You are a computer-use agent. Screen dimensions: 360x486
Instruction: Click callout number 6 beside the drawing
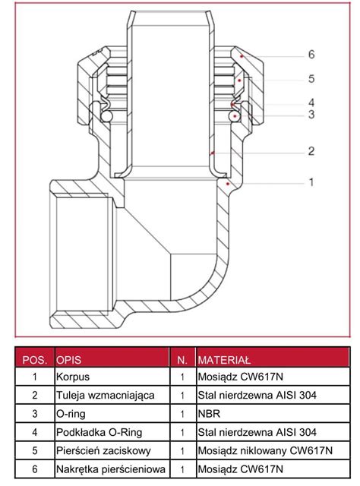[x=311, y=55]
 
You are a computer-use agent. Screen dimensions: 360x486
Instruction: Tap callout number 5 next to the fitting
[x=311, y=79]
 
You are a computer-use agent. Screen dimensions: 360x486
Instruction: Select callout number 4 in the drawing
[x=311, y=103]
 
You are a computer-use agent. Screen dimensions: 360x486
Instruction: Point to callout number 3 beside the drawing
[x=311, y=115]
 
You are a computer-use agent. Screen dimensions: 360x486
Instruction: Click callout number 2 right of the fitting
[x=311, y=151]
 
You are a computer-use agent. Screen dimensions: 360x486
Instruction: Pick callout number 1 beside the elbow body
[x=311, y=182]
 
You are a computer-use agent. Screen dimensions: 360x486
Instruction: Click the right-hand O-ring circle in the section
[x=234, y=116]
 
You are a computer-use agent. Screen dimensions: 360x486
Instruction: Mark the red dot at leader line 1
[x=228, y=184]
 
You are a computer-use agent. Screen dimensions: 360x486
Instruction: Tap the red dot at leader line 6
[x=242, y=56]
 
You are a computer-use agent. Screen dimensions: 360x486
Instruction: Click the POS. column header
[x=35, y=360]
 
